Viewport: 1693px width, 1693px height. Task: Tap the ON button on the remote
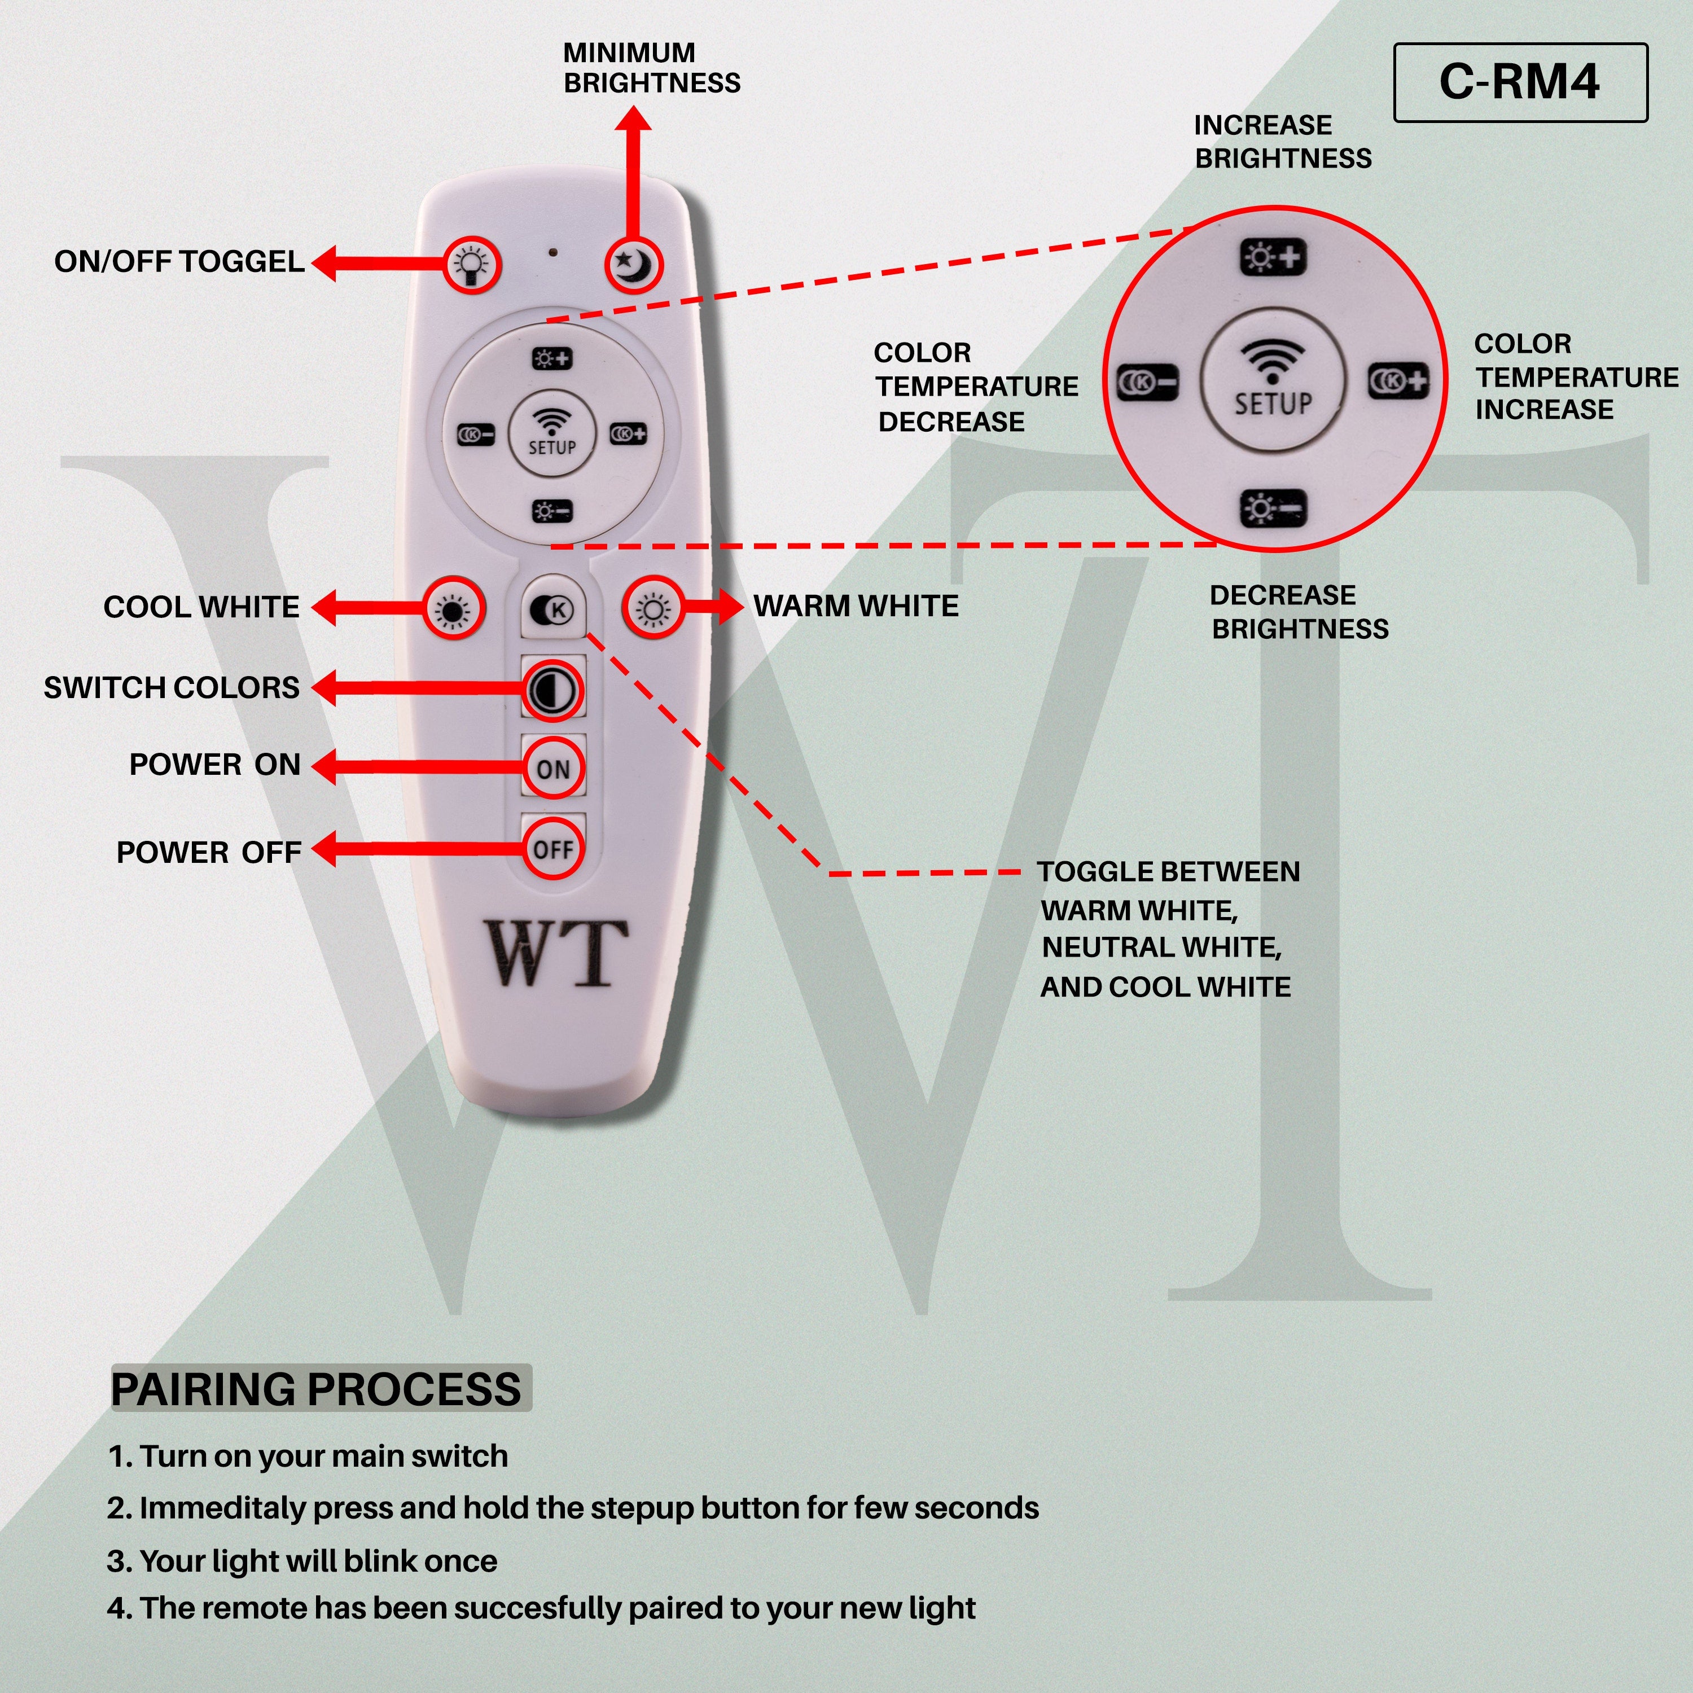point(553,769)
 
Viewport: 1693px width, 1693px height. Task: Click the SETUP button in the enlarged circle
point(1273,384)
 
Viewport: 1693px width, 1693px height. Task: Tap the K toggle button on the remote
point(553,609)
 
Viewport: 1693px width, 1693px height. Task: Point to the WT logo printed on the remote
point(558,953)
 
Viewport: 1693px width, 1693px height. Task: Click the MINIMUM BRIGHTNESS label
point(651,68)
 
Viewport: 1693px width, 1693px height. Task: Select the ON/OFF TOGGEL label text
point(179,261)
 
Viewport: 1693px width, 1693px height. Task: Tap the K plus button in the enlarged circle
point(1398,381)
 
